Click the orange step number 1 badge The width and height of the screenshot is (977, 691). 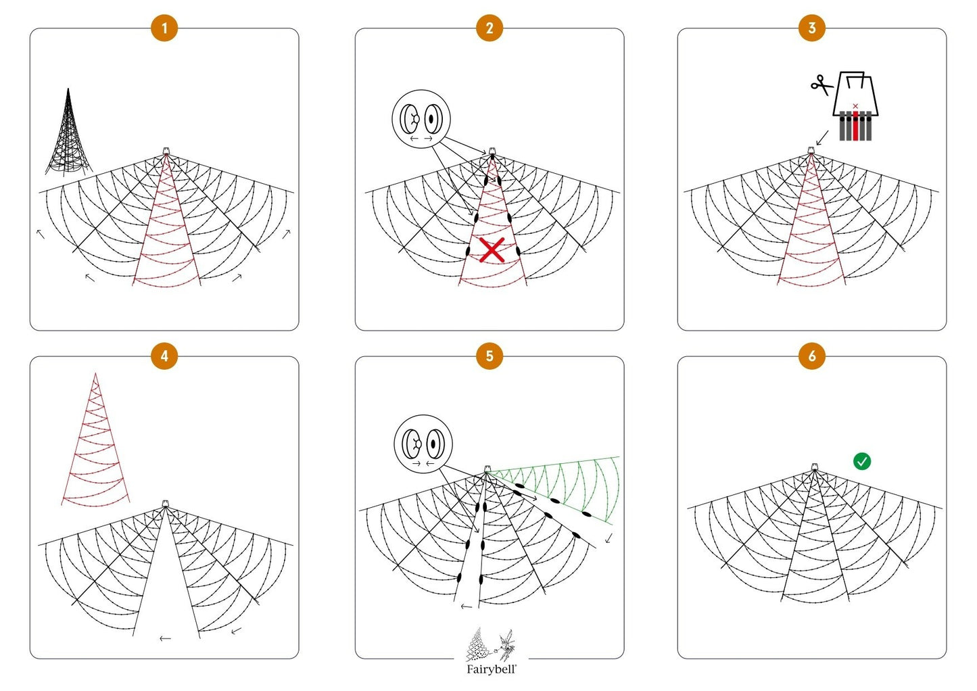coord(164,28)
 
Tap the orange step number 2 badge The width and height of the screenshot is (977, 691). coord(489,28)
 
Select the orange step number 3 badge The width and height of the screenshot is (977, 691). coord(811,28)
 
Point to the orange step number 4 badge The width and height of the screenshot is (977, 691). coord(164,356)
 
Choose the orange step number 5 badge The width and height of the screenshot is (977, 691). coord(489,356)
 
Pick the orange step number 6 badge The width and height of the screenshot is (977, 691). coord(811,356)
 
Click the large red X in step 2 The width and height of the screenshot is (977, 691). coord(492,249)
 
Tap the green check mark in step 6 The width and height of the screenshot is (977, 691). coord(861,461)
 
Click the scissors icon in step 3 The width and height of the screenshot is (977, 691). coord(821,85)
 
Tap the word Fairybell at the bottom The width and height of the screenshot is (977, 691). coord(491,669)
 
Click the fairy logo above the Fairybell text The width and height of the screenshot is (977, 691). coord(491,645)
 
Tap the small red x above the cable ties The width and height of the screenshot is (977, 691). coord(855,106)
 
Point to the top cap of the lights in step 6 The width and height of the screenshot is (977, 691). coord(815,467)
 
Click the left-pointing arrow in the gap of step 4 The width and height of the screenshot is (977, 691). coord(165,638)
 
